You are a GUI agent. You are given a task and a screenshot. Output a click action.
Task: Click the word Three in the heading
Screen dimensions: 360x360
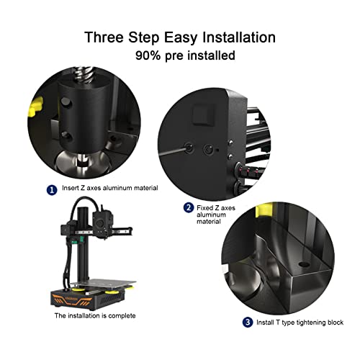click(104, 37)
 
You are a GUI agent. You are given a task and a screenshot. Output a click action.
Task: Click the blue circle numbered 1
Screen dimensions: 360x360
click(52, 190)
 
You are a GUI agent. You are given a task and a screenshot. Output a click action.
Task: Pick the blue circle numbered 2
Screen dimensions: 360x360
click(189, 207)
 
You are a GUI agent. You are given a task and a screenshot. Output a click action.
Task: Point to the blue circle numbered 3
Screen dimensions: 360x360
click(248, 322)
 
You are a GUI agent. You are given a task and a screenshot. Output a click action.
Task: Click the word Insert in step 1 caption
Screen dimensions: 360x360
click(70, 188)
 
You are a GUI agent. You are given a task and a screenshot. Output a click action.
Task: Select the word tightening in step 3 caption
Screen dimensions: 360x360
click(311, 323)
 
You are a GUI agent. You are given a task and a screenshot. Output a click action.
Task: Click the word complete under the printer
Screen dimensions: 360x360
click(122, 316)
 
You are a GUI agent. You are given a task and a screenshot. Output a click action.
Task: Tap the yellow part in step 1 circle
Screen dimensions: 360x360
click(36, 107)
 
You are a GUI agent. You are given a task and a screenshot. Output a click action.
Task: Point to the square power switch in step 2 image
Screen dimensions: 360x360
click(204, 114)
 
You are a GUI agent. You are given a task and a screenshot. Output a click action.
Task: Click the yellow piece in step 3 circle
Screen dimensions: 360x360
click(264, 210)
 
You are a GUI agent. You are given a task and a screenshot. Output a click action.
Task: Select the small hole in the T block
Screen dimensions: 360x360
click(304, 264)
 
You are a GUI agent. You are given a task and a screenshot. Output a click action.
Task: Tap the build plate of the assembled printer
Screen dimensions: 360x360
click(103, 283)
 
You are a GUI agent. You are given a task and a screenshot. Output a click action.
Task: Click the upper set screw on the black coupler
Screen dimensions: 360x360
click(66, 102)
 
